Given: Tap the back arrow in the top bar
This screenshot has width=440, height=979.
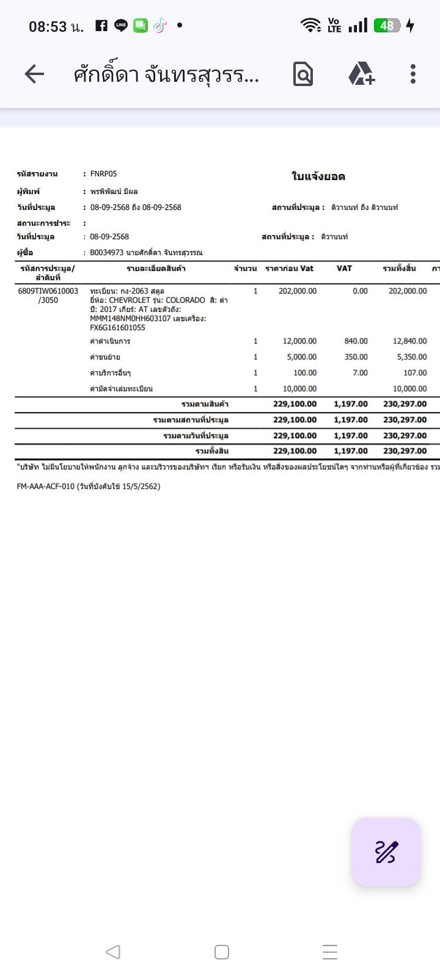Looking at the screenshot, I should [34, 74].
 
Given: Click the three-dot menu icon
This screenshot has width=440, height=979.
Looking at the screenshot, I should [413, 74].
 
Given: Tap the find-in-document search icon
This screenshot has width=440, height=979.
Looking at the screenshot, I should [303, 74].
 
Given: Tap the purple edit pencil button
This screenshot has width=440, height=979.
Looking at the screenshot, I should [386, 852].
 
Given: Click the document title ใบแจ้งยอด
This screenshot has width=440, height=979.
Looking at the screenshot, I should [318, 177].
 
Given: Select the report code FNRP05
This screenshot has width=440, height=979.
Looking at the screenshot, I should [103, 174].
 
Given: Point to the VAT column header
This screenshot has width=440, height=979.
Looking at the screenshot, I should [344, 269].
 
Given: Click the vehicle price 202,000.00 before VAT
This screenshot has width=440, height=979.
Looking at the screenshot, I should [298, 291].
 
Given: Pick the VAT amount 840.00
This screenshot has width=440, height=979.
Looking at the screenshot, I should [356, 341].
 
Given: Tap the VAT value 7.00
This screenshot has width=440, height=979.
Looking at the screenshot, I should [360, 373].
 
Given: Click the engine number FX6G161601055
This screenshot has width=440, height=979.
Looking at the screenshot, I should [117, 328].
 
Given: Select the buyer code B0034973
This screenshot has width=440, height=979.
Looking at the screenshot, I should [107, 253].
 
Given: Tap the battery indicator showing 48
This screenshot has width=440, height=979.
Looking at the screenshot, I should [387, 26].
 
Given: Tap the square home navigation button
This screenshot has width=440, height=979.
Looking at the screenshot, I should [222, 952].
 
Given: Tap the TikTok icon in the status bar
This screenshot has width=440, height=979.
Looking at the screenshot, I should [159, 26].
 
